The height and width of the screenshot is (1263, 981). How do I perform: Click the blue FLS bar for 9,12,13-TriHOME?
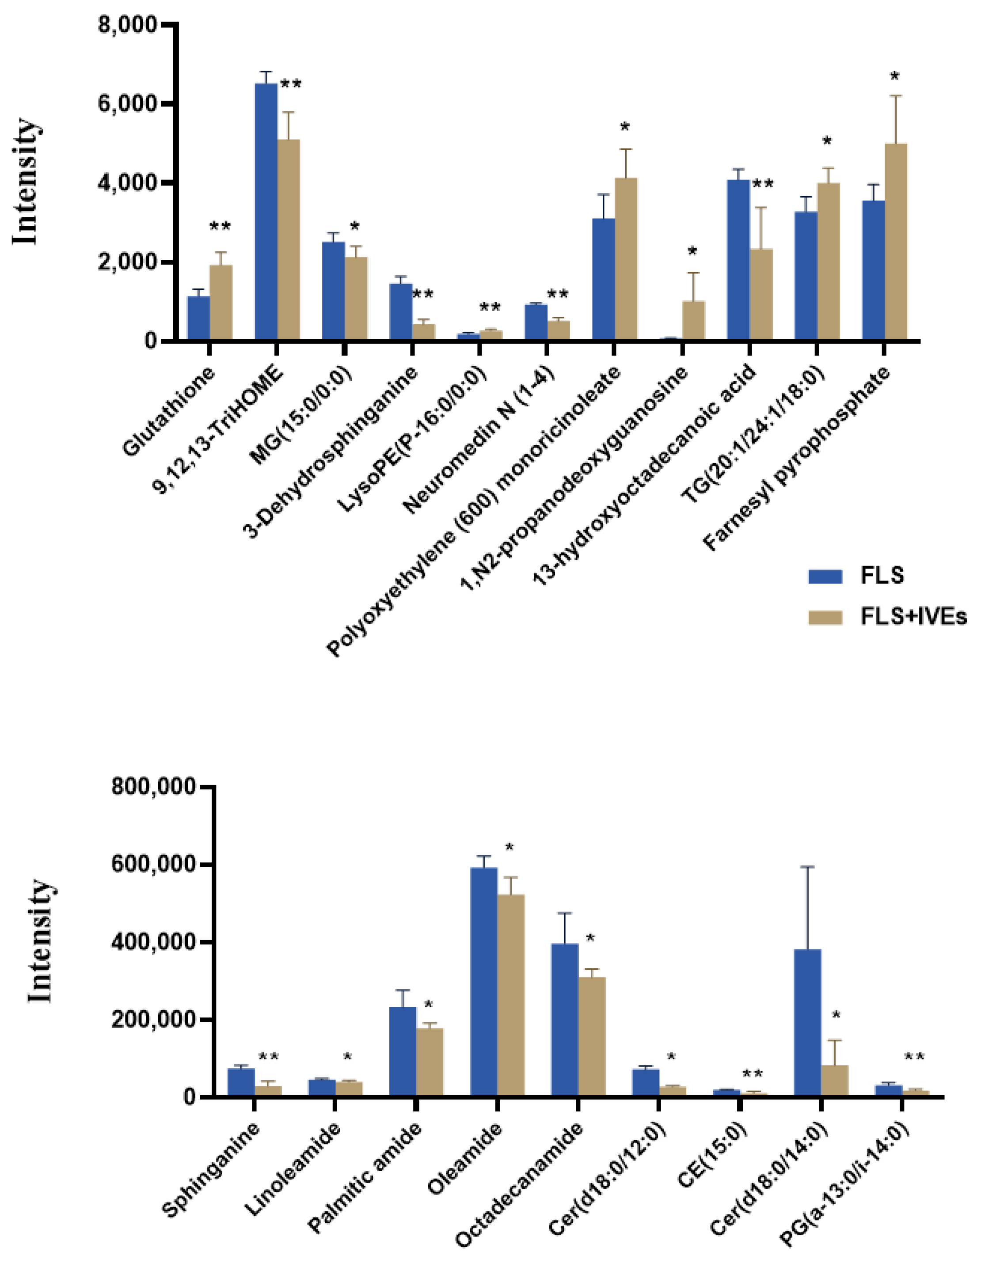266,214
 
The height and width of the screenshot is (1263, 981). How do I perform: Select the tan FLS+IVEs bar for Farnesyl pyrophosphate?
895,243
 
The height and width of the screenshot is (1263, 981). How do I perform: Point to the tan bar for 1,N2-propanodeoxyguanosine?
693,321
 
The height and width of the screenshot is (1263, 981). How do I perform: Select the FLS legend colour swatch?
825,576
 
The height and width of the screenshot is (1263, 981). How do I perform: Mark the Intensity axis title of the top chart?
26,182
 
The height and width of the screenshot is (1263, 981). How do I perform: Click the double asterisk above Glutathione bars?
220,227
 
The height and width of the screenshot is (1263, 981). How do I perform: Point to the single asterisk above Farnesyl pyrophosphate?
894,77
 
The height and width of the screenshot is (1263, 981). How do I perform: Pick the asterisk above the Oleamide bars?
509,848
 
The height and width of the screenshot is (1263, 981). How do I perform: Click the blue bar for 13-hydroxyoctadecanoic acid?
738,260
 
